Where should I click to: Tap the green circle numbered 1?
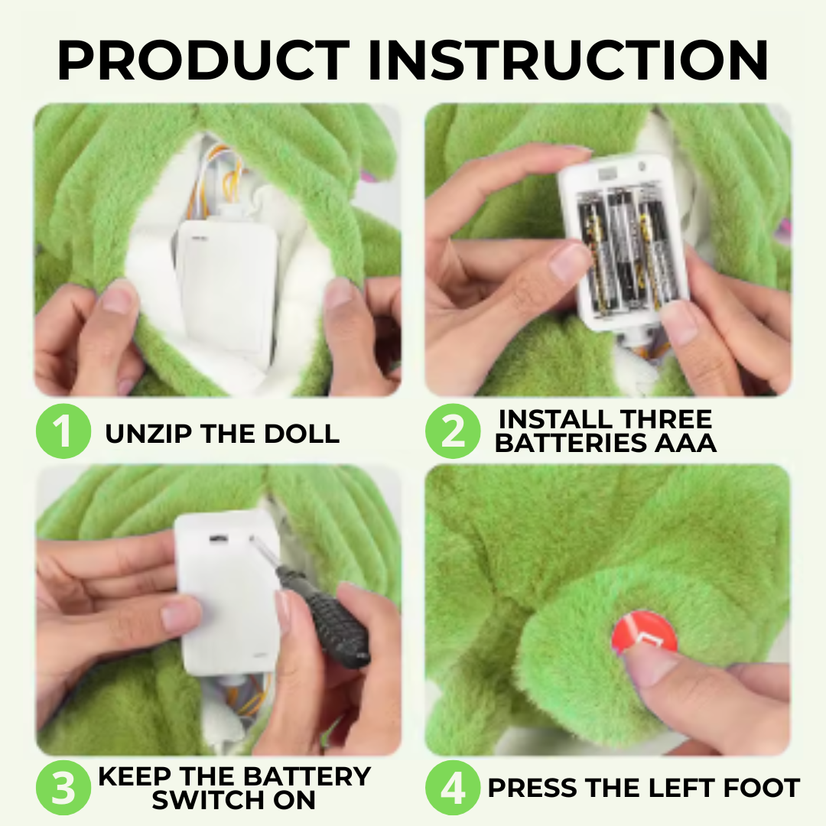63,431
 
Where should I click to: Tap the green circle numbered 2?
453,431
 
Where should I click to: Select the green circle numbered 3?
63,789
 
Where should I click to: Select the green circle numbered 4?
453,789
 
